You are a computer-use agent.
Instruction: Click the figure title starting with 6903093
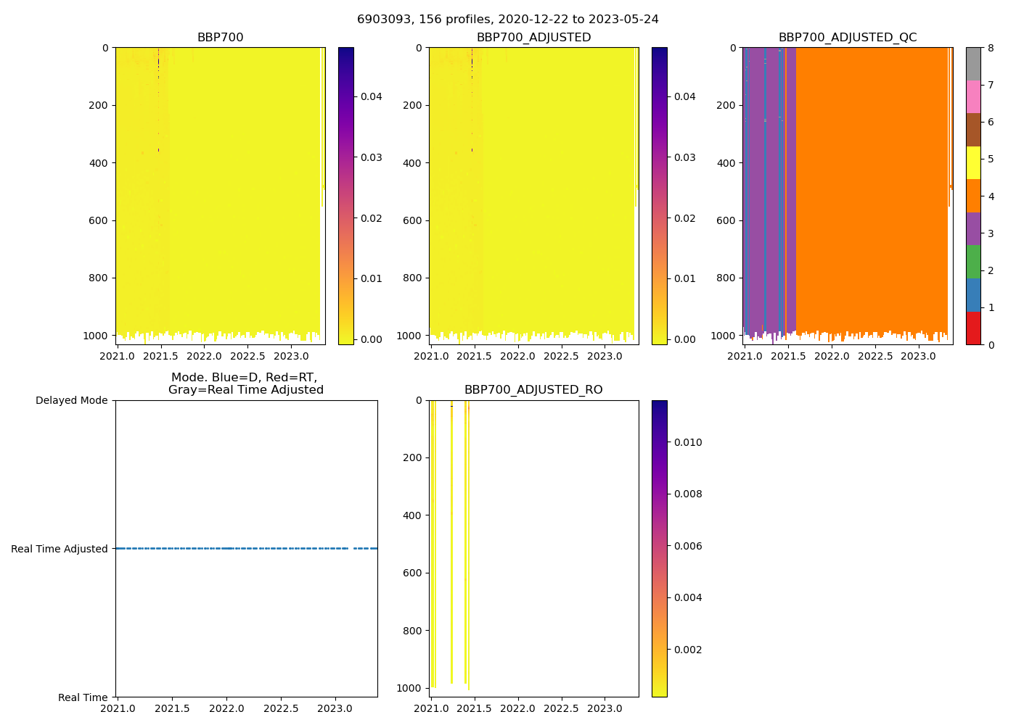click(x=508, y=20)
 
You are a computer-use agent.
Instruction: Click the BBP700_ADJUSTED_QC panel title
click(x=848, y=38)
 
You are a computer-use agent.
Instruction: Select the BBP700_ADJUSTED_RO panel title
click(x=533, y=390)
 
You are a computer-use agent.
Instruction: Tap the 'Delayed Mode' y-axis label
click(x=71, y=401)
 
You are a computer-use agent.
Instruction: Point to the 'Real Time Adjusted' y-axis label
click(x=60, y=550)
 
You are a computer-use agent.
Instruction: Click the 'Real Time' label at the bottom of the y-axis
click(x=83, y=697)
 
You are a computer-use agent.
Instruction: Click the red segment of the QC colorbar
click(x=973, y=328)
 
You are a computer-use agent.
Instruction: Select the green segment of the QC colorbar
click(x=973, y=262)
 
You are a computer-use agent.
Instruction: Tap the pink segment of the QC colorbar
click(x=973, y=97)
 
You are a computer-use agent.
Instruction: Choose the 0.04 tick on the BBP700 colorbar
click(x=371, y=96)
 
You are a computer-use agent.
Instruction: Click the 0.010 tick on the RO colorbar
click(x=687, y=442)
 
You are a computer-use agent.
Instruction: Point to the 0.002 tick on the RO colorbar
click(x=687, y=650)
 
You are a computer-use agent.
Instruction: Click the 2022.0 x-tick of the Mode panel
click(x=226, y=708)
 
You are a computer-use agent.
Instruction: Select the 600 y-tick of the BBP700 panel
click(x=99, y=220)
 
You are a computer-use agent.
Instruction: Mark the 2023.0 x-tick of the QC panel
click(x=919, y=356)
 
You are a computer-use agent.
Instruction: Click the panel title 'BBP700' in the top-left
click(x=220, y=38)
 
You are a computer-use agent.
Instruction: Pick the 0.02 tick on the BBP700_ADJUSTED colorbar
click(x=684, y=218)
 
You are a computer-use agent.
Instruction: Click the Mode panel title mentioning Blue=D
click(x=245, y=384)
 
